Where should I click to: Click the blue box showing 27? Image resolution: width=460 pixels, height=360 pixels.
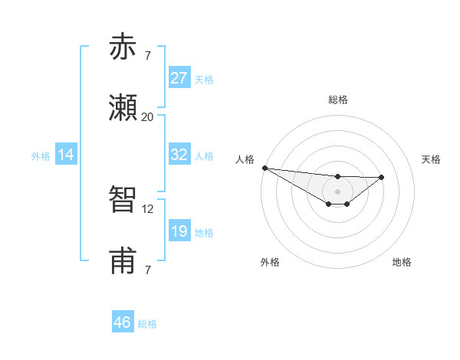click(179, 77)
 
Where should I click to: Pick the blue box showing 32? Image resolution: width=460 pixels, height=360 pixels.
click(179, 154)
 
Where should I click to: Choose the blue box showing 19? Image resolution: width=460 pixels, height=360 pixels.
click(179, 231)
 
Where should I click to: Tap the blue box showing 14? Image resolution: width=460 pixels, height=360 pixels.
click(66, 155)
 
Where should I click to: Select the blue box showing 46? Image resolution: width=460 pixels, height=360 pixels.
click(123, 322)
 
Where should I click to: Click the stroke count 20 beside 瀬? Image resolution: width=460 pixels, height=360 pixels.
click(147, 116)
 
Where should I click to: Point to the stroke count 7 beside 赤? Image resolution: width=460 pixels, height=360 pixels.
click(147, 55)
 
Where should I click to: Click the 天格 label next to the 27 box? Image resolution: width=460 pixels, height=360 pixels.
click(204, 79)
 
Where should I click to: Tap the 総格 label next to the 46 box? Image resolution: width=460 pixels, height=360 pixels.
click(147, 324)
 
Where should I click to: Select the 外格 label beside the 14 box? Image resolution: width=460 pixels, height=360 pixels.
click(41, 155)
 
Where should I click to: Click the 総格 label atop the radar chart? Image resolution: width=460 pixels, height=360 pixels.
click(338, 100)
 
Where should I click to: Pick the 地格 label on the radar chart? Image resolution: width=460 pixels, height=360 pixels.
click(402, 262)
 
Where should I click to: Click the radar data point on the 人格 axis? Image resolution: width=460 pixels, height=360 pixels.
click(264, 168)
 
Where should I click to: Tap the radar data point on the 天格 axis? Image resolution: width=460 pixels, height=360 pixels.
click(382, 177)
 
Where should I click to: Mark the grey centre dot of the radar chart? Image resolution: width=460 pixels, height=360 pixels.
click(337, 191)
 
